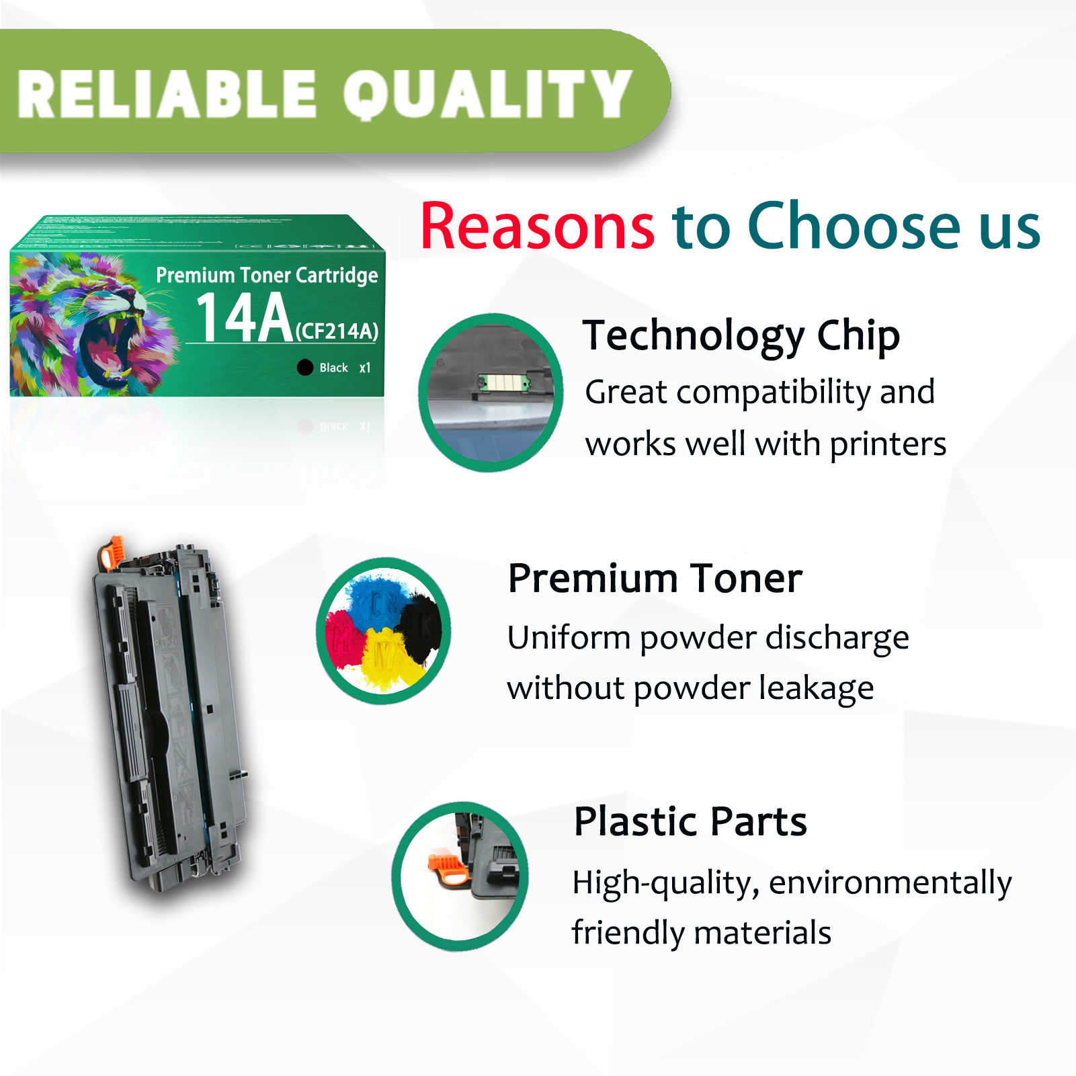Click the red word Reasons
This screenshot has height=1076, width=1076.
click(x=537, y=226)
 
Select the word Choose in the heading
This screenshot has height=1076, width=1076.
click(x=854, y=226)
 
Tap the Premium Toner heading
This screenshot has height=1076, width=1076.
click(x=655, y=578)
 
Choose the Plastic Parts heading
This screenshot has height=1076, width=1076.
click(x=690, y=821)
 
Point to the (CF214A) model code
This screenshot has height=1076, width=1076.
click(x=337, y=331)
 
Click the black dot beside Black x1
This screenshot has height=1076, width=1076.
click(x=305, y=367)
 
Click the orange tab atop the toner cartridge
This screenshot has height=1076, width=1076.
click(x=111, y=551)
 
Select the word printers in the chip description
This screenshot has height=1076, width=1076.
click(x=887, y=444)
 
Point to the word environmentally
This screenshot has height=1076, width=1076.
click(x=890, y=882)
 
